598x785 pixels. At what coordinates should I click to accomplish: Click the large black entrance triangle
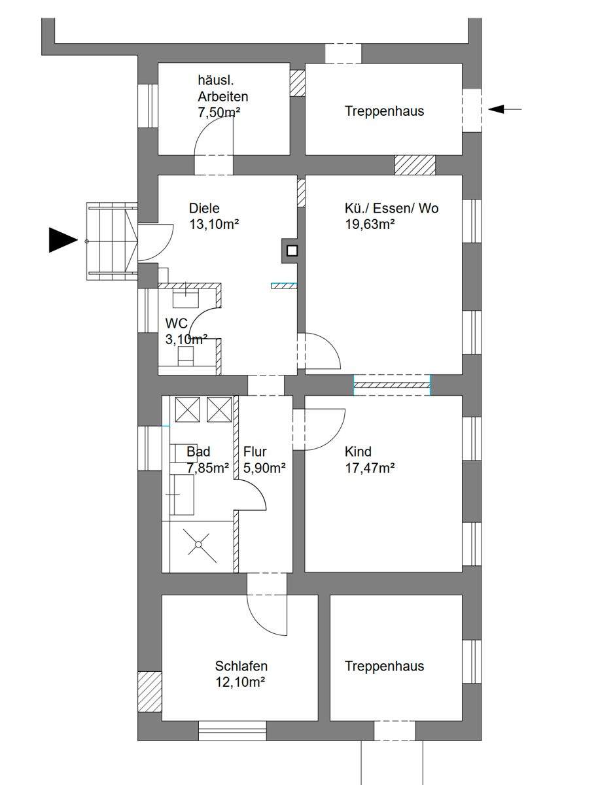click(63, 240)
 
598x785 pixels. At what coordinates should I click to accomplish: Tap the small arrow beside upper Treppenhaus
click(504, 109)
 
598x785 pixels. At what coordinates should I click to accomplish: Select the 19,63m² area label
click(370, 225)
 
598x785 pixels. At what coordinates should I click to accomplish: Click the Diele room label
click(205, 209)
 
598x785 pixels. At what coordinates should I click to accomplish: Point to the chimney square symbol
click(292, 250)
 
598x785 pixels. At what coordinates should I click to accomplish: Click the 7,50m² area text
click(219, 113)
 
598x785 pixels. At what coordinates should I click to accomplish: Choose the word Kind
click(358, 451)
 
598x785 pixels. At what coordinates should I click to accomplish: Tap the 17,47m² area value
click(370, 468)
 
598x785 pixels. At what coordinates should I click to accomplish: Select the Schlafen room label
click(241, 667)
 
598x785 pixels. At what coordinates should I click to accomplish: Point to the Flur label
click(255, 451)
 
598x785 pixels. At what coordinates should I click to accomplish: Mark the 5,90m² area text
click(264, 468)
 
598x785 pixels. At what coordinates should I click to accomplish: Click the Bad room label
click(198, 451)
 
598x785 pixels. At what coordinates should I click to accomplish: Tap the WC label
click(176, 323)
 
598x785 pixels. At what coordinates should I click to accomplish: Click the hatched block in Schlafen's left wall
click(150, 691)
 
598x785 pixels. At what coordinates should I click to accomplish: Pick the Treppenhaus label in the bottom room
click(384, 666)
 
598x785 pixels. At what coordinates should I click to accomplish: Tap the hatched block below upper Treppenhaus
click(415, 165)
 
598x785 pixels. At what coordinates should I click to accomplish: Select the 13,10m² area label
click(214, 225)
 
